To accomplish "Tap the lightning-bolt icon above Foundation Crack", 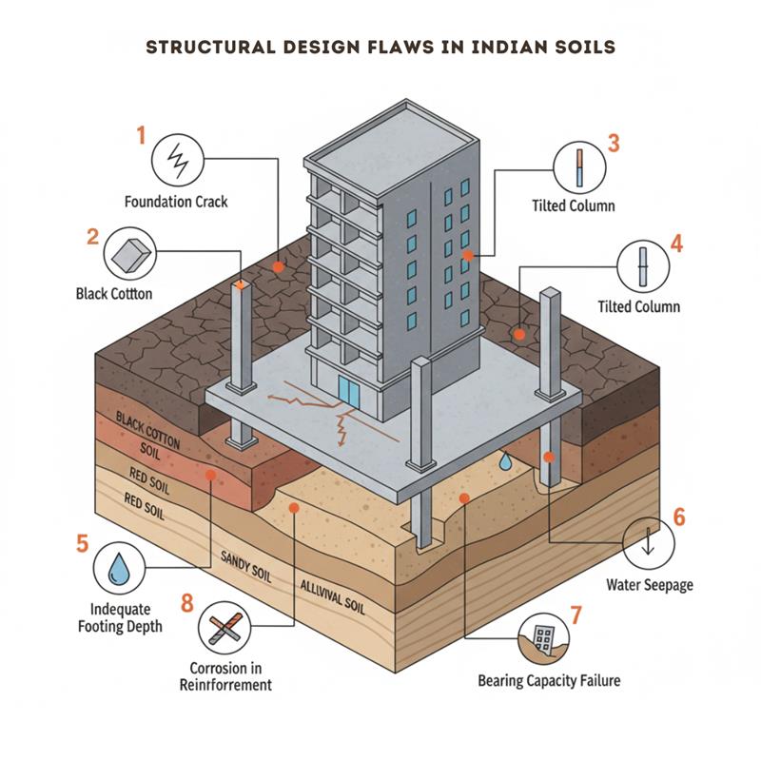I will pos(177,157).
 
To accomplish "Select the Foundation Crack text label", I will pos(176,202).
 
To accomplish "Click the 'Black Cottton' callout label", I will pos(114,294).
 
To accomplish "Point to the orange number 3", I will pos(614,144).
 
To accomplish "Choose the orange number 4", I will pos(676,243).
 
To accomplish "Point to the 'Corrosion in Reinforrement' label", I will pos(225,676).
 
